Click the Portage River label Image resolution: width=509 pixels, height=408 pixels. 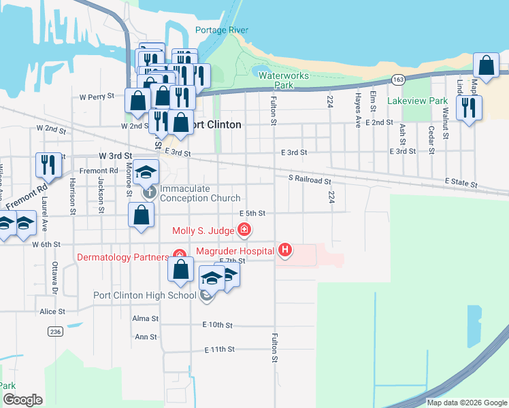point(221,31)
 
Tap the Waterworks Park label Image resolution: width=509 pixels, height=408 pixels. point(284,80)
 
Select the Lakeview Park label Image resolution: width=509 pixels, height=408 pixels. point(417,101)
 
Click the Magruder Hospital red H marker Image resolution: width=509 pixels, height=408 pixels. point(285,251)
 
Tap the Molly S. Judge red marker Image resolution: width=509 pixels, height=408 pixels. point(244,231)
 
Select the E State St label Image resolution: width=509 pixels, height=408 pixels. point(462,184)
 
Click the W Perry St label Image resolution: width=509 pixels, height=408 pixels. point(97,97)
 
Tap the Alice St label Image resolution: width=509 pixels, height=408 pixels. point(52,311)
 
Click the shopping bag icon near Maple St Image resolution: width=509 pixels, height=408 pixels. point(487,67)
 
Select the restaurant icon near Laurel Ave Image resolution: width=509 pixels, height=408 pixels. point(48,165)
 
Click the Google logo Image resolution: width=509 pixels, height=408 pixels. point(22,400)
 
